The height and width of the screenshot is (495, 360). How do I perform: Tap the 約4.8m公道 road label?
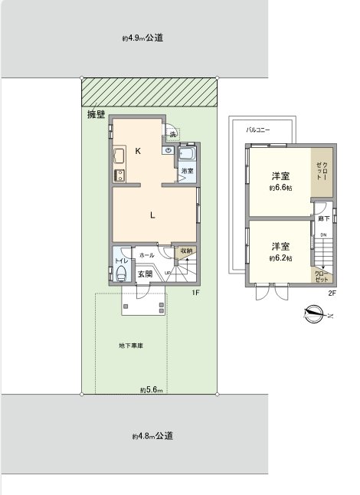152,436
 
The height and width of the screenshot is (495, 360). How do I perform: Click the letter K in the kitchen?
138,151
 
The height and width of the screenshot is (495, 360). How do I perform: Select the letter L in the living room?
153,215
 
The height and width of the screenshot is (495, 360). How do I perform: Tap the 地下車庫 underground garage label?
131,346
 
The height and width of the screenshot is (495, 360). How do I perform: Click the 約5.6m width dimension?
151,390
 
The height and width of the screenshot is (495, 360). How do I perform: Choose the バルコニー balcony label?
257,131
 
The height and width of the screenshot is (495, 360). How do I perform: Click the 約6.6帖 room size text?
280,187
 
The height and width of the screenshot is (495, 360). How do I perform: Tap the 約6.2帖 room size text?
280,258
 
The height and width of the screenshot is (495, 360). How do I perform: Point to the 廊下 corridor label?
322,219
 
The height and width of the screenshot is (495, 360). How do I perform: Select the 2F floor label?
332,293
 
